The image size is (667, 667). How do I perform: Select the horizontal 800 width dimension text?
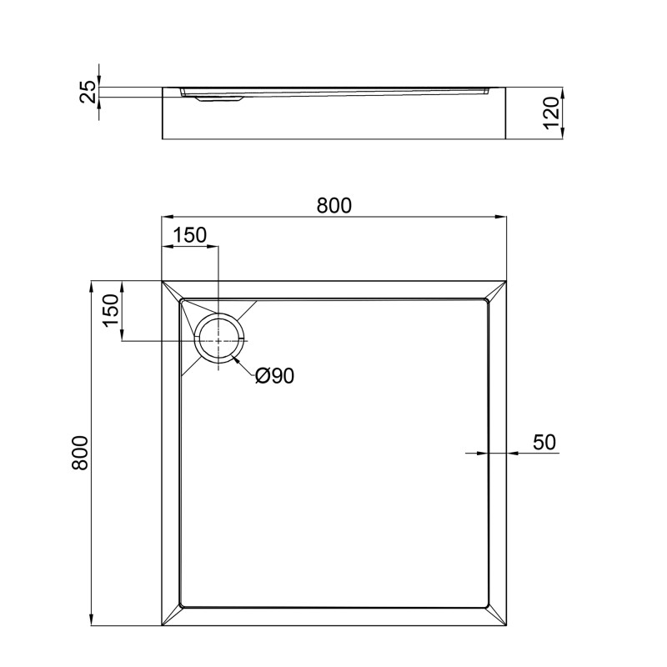click(x=333, y=205)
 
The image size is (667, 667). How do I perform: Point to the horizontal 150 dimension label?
click(x=189, y=236)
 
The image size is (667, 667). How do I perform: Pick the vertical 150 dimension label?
click(x=111, y=311)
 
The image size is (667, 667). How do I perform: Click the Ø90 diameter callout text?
click(x=274, y=377)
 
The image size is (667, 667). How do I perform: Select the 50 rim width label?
click(x=544, y=442)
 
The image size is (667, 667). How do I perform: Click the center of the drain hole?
click(x=219, y=340)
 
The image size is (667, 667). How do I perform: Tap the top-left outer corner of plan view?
click(x=162, y=281)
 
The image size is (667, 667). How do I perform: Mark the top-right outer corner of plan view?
click(x=507, y=281)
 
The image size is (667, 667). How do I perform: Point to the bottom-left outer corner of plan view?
click(x=162, y=626)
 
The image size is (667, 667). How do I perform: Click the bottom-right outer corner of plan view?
click(x=507, y=626)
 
